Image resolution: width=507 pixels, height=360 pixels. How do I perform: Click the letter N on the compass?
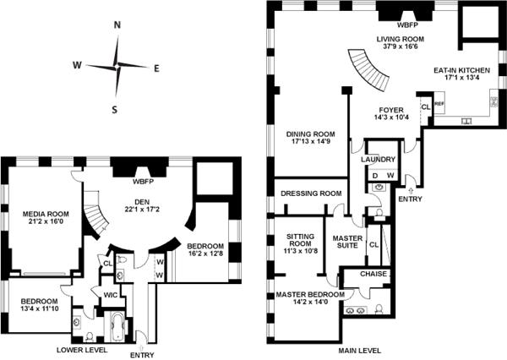click(117, 25)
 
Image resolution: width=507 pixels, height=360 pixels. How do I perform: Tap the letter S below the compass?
click(114, 110)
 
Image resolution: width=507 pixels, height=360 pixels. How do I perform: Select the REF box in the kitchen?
click(439, 104)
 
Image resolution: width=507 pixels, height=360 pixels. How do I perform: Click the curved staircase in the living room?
click(369, 69)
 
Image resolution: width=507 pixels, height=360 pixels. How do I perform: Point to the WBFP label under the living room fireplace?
click(408, 25)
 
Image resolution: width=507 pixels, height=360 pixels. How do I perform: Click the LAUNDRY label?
click(378, 160)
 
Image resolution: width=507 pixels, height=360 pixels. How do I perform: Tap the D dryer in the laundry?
click(375, 176)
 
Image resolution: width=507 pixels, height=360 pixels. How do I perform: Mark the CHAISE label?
click(373, 274)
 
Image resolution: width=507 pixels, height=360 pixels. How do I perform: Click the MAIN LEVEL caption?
click(360, 351)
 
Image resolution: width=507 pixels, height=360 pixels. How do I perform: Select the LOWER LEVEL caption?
click(82, 350)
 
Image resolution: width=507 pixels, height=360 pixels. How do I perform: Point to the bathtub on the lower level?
click(117, 326)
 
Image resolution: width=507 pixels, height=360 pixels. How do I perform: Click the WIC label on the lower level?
click(110, 295)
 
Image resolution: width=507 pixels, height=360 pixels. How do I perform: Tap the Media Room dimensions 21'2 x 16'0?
click(46, 221)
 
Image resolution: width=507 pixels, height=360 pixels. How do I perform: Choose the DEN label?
click(142, 202)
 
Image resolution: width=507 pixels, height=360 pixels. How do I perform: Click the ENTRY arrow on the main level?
click(411, 190)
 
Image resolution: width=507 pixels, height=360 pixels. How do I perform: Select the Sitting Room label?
click(301, 240)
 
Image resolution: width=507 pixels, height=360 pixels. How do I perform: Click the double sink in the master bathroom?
click(356, 310)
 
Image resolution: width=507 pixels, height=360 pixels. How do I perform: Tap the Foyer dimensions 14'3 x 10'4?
click(391, 117)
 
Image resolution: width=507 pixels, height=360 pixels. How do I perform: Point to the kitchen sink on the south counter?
click(466, 121)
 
